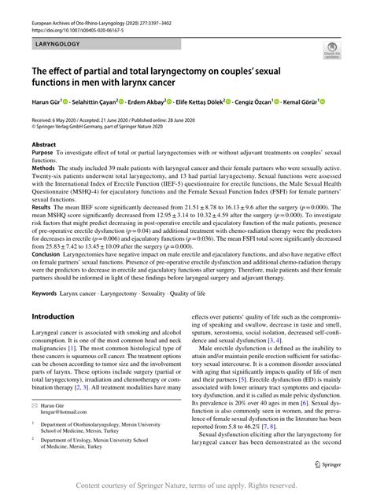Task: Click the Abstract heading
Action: click(x=43, y=146)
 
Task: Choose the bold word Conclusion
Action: click(x=48, y=254)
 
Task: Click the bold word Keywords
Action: click(x=46, y=293)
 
